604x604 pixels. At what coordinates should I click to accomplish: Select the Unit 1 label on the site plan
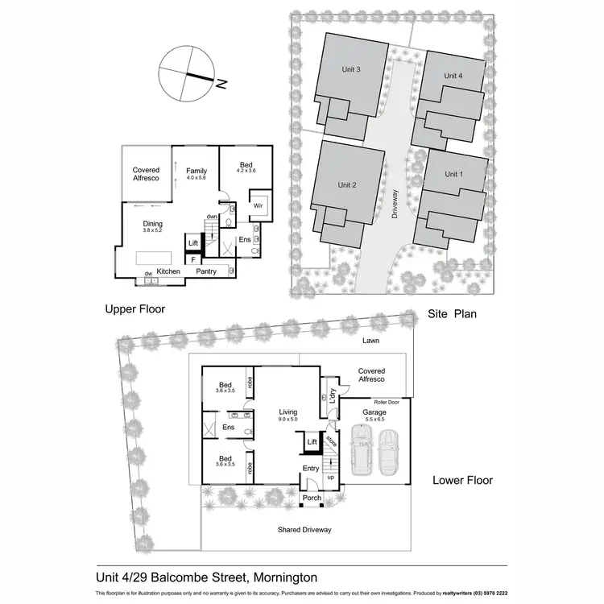(x=455, y=174)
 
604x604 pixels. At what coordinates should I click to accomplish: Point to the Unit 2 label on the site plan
(x=348, y=184)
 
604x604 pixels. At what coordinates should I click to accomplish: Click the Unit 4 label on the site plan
(x=453, y=75)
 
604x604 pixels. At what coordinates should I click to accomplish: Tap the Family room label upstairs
(x=197, y=171)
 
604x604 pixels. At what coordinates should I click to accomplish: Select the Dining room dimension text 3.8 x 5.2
(x=153, y=231)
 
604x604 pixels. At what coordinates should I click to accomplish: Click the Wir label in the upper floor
(x=259, y=205)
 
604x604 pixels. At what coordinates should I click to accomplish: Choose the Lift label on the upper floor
(x=193, y=243)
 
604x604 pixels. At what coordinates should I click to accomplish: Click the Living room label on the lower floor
(x=288, y=411)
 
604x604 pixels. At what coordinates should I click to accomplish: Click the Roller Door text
(x=391, y=401)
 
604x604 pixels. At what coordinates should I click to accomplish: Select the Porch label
(x=312, y=498)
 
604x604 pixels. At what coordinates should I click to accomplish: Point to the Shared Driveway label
(x=304, y=529)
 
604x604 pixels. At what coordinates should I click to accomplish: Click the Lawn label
(x=370, y=341)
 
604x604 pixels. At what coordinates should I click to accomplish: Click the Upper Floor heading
(x=135, y=308)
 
